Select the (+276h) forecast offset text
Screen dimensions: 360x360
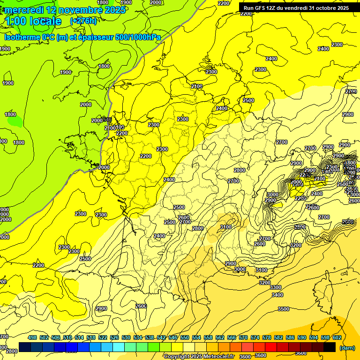tap(83, 21)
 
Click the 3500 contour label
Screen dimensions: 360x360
tap(283, 309)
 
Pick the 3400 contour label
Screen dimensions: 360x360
tap(277, 295)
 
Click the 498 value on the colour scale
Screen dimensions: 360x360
tap(32, 337)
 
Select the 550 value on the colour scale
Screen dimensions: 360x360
tap(185, 337)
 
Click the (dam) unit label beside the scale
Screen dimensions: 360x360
tap(347, 348)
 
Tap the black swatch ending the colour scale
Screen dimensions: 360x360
tap(330, 347)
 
